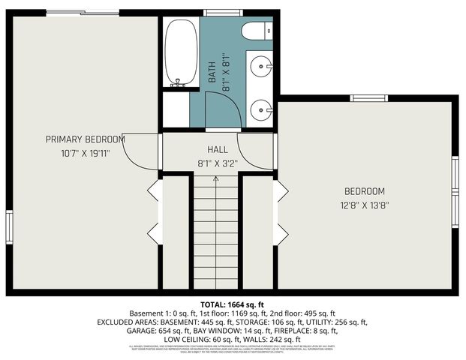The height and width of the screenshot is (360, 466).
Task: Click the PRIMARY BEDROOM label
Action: [85, 139]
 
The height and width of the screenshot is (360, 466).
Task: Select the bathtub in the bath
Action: [180, 52]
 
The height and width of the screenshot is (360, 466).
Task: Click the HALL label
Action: [218, 150]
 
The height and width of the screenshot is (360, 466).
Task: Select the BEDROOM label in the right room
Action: [365, 191]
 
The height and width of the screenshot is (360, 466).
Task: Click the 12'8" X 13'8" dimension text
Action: [365, 204]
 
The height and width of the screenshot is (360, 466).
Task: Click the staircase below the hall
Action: [216, 232]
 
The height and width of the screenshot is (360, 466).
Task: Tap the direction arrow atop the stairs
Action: [216, 180]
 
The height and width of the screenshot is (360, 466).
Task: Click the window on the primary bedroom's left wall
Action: [9, 226]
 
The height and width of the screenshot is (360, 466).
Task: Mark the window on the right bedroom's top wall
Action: [368, 97]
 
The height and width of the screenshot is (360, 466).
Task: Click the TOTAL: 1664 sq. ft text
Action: [233, 303]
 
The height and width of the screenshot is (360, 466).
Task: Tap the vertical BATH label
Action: [212, 72]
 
